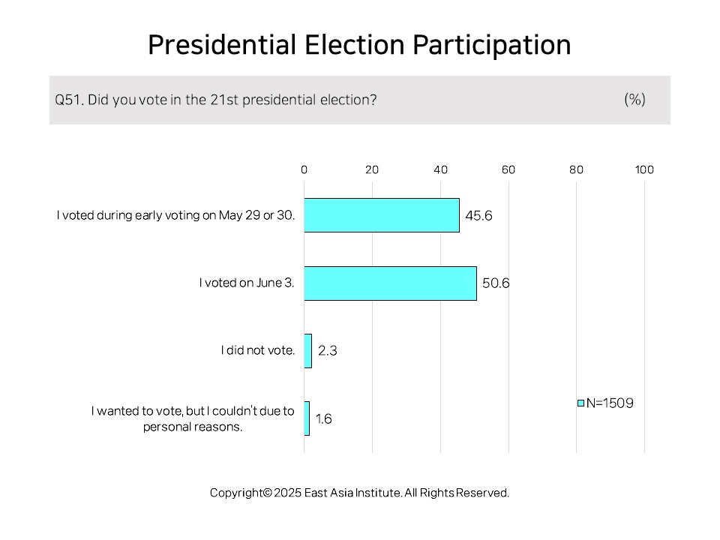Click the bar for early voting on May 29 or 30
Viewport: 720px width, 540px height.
click(382, 215)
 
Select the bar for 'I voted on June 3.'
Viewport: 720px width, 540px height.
click(390, 283)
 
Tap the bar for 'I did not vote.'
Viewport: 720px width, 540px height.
click(308, 351)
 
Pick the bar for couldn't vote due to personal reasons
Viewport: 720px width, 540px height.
click(307, 418)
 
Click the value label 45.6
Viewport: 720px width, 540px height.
click(478, 216)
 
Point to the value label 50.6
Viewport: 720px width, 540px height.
click(496, 283)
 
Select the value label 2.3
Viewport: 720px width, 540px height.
click(328, 351)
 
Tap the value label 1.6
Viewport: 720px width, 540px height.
click(324, 418)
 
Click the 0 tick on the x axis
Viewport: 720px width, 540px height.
click(304, 170)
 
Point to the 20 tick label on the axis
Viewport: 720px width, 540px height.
click(372, 170)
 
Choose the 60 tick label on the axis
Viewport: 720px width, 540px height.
click(508, 170)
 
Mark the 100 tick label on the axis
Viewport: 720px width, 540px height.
click(644, 170)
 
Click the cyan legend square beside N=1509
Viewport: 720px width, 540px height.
click(580, 403)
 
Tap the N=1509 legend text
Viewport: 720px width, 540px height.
click(610, 403)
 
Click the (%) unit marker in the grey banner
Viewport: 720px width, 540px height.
click(635, 99)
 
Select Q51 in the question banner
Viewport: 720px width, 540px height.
click(69, 100)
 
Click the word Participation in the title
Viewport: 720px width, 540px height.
click(492, 46)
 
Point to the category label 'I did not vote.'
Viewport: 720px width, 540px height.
click(257, 350)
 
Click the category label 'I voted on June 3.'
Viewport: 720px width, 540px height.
click(247, 283)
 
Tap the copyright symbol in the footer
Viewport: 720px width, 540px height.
click(268, 493)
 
